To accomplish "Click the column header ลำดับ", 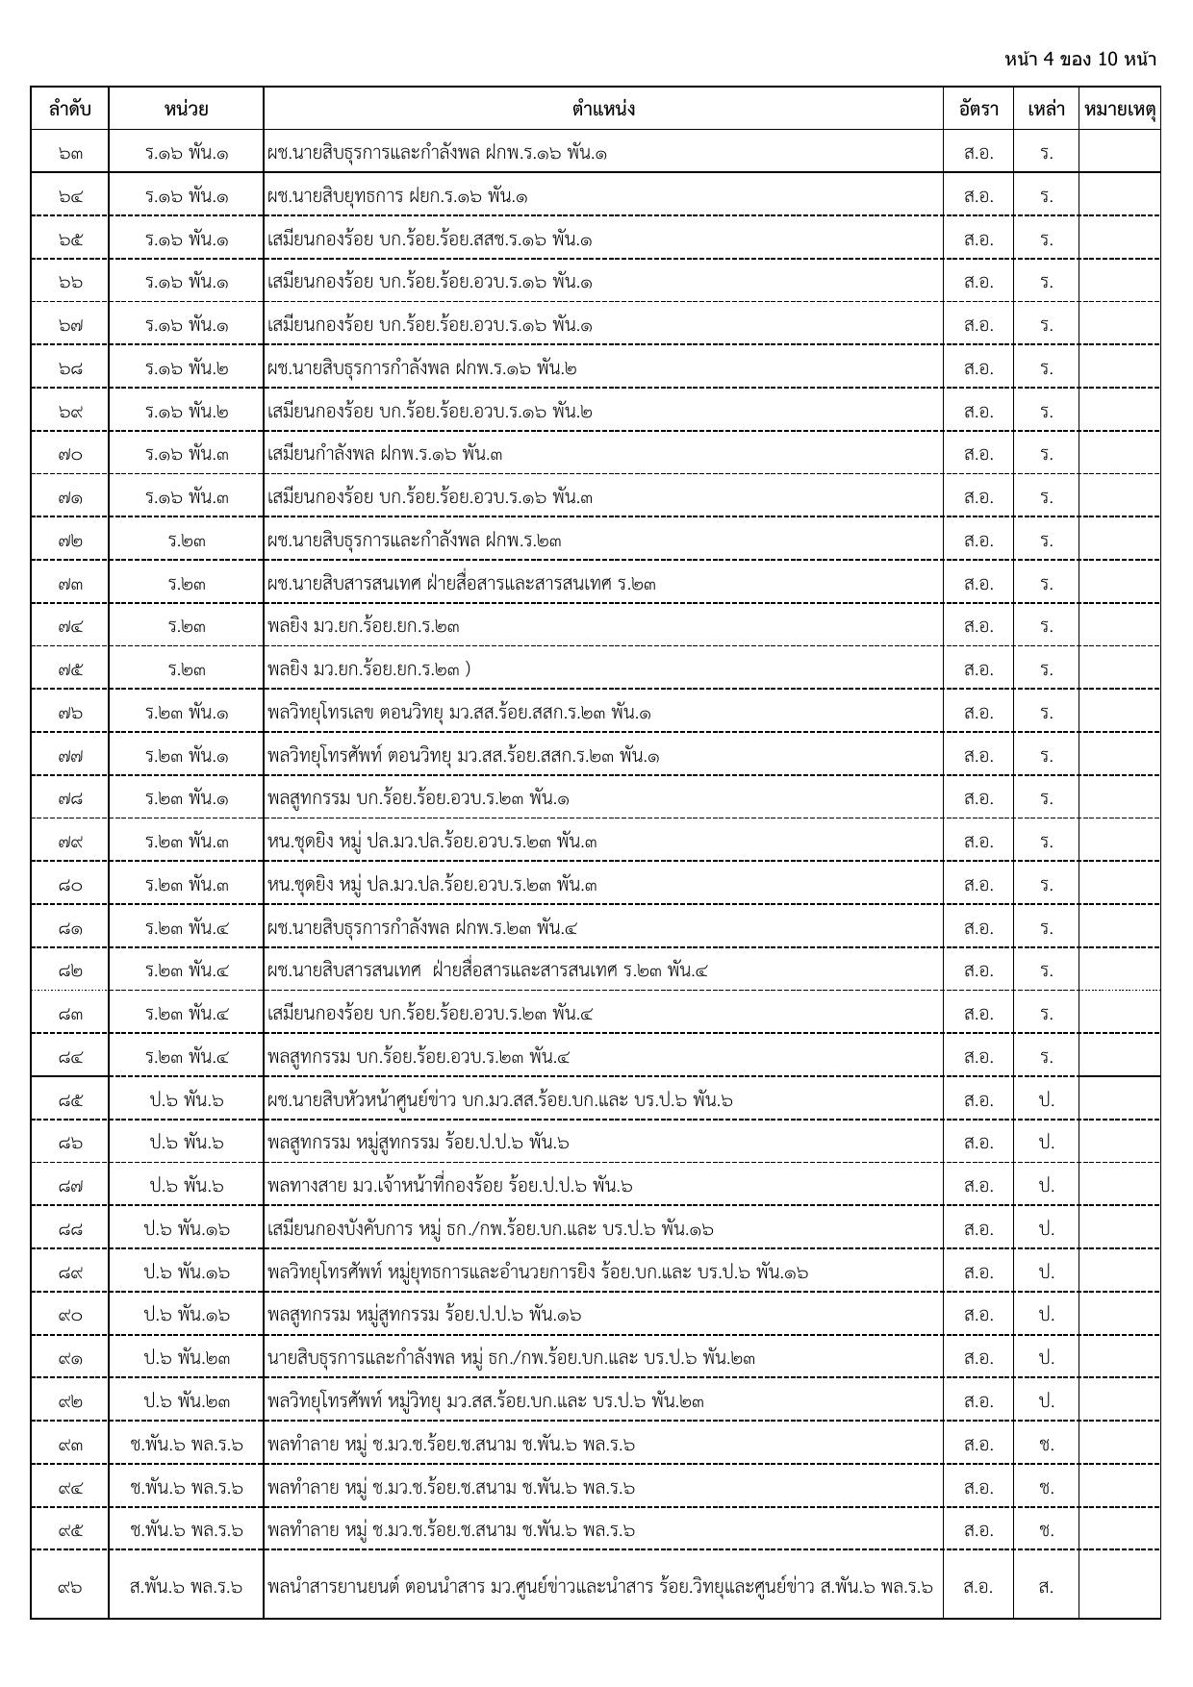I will pyautogui.click(x=69, y=109).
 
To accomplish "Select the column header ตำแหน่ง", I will pyautogui.click(x=602, y=109).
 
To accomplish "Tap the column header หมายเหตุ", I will pyautogui.click(x=1119, y=109).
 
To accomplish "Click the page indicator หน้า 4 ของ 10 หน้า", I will pyautogui.click(x=1079, y=60).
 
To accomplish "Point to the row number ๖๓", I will pyautogui.click(x=69, y=153).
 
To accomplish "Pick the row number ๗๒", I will pyautogui.click(x=69, y=541).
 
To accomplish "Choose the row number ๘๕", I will pyautogui.click(x=69, y=1099).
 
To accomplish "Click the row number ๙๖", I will pyautogui.click(x=69, y=1586).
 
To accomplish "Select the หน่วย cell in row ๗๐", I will pyautogui.click(x=187, y=454).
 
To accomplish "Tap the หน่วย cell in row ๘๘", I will pyautogui.click(x=187, y=1228).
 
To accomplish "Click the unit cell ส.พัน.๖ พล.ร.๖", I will pyautogui.click(x=187, y=1586).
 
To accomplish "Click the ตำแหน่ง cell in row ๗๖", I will pyautogui.click(x=460, y=713).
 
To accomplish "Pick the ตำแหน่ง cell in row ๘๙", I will pyautogui.click(x=537, y=1272).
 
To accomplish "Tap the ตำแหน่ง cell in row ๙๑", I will pyautogui.click(x=511, y=1358).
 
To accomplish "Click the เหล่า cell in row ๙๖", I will pyautogui.click(x=1046, y=1586).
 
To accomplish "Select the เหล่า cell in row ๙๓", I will pyautogui.click(x=1046, y=1444).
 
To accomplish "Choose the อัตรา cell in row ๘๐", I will pyautogui.click(x=977, y=885).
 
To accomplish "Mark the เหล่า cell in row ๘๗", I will pyautogui.click(x=1046, y=1186).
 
